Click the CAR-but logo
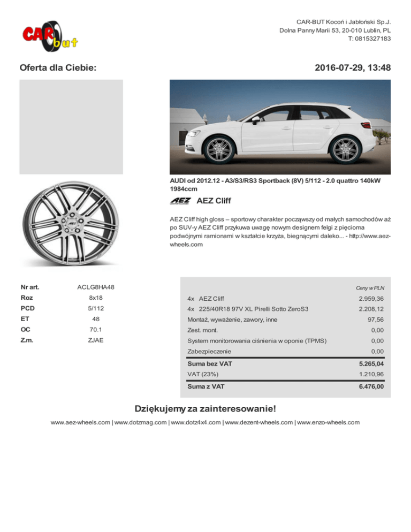50,35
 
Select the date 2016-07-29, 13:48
353,68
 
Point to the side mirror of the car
255,120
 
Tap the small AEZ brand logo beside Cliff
181,201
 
